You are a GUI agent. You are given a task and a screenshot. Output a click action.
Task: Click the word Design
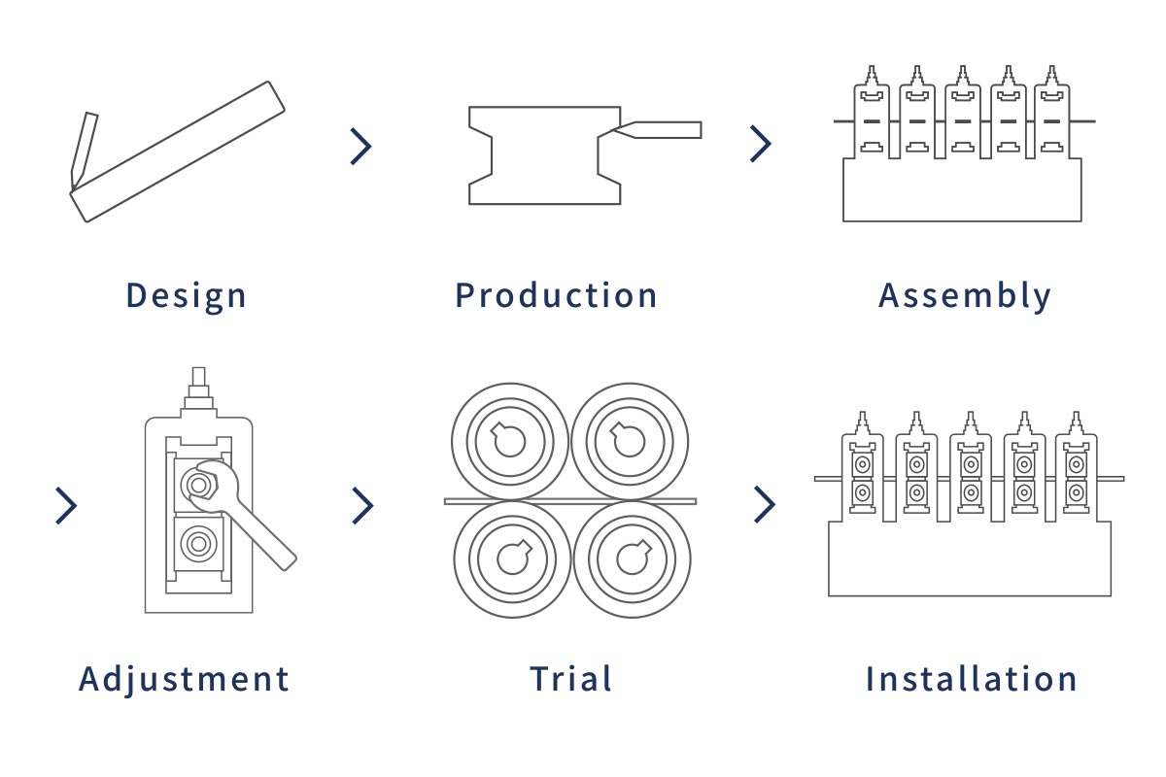click(x=186, y=296)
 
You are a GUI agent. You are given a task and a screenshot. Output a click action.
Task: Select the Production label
click(x=556, y=295)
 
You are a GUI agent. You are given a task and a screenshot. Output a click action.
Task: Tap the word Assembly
click(x=965, y=296)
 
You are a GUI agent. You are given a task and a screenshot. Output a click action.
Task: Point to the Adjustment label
click(x=184, y=680)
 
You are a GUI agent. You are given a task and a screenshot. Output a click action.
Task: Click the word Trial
click(x=570, y=679)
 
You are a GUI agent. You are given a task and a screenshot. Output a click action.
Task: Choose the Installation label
click(x=972, y=679)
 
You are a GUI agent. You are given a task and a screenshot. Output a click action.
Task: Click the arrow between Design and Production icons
click(x=361, y=147)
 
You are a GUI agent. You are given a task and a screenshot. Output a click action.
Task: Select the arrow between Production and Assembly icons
click(x=761, y=144)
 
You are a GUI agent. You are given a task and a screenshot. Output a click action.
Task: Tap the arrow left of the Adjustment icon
click(x=66, y=506)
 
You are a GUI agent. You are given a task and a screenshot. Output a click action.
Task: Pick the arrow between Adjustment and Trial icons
click(x=362, y=505)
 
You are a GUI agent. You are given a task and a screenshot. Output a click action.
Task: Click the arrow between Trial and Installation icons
click(x=765, y=504)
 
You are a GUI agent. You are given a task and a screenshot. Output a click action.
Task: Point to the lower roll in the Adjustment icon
click(x=198, y=543)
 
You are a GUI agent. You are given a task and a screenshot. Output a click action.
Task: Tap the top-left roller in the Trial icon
click(x=510, y=442)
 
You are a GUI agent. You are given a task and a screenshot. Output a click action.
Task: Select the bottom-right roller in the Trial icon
click(x=633, y=559)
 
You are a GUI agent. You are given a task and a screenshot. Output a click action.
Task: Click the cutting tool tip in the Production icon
click(x=614, y=128)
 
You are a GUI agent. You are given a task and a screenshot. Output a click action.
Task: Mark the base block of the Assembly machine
click(x=963, y=190)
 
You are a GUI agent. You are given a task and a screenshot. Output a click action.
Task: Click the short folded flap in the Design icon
click(x=84, y=151)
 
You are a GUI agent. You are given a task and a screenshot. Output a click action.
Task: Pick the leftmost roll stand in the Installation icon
click(x=863, y=466)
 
